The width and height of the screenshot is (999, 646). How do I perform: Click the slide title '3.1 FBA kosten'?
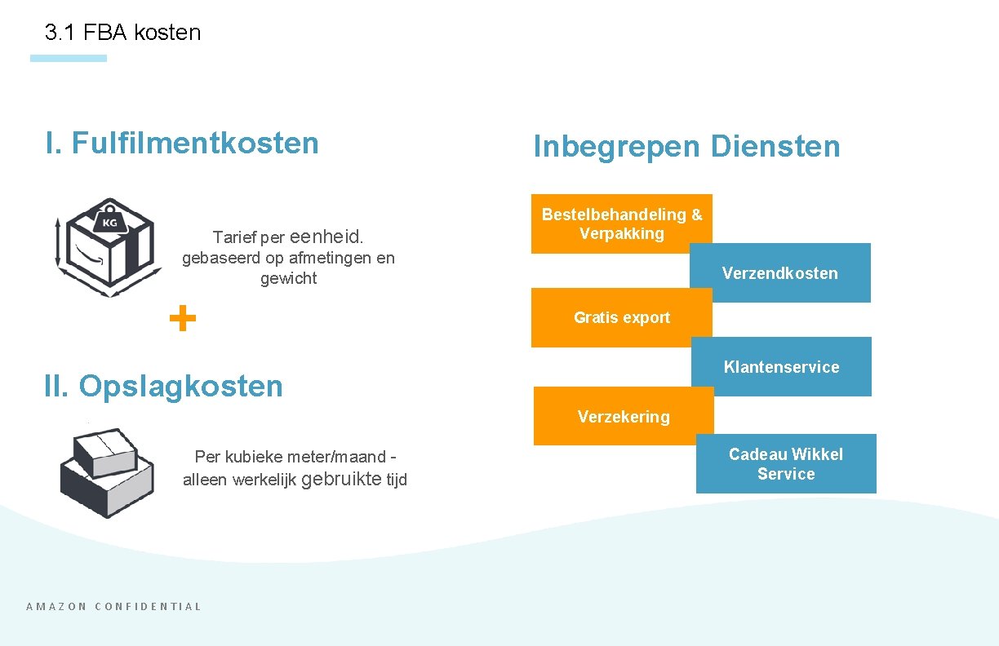[x=122, y=33]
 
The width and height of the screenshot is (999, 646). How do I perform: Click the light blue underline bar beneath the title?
[x=69, y=58]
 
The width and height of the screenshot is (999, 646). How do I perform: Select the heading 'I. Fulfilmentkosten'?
[x=182, y=143]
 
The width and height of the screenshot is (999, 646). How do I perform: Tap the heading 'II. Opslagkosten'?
[x=163, y=386]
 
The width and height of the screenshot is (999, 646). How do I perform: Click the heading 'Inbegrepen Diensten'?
[x=686, y=147]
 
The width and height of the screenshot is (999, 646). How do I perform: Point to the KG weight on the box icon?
[x=109, y=222]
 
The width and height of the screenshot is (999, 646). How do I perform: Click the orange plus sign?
[x=183, y=318]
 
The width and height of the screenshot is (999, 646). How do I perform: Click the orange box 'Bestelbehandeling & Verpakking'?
[x=621, y=223]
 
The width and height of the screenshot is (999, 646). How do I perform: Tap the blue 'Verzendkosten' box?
[x=779, y=273]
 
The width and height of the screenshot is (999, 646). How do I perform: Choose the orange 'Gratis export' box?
[x=621, y=318]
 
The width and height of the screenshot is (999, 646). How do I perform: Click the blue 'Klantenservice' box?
[x=781, y=367]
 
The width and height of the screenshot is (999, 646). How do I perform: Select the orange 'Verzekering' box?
[x=624, y=417]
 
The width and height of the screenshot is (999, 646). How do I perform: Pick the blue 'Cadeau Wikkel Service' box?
[x=785, y=464]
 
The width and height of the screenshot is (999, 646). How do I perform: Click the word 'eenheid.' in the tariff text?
[x=326, y=237]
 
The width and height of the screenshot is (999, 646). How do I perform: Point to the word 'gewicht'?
[x=288, y=278]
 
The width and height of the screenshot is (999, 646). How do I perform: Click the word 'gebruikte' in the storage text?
[x=341, y=479]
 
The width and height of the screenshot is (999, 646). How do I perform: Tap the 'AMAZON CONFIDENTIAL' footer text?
[x=113, y=606]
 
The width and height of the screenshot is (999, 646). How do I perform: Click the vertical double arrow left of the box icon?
[x=57, y=242]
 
